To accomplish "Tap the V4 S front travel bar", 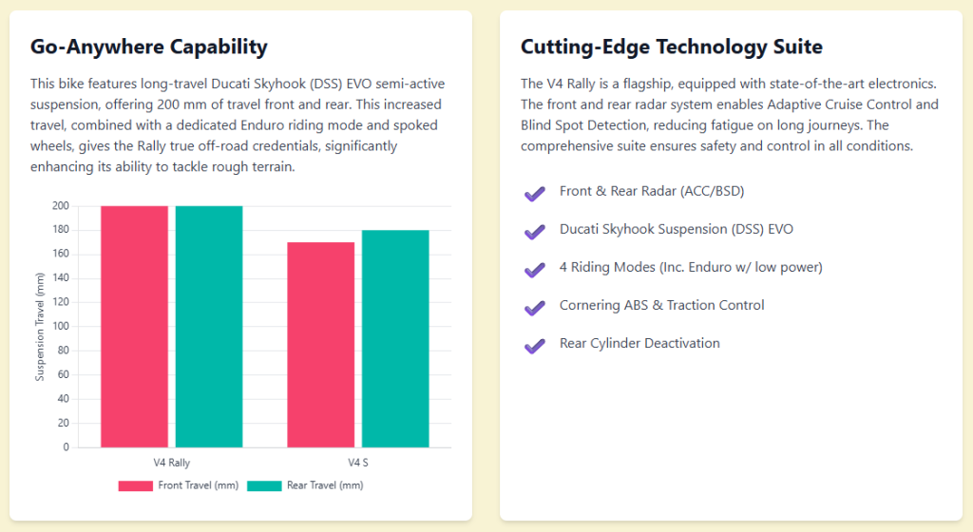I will click(320, 344).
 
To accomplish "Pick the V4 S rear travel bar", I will click(394, 338).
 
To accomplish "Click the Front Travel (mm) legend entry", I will click(178, 485).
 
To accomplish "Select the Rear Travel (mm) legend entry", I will click(304, 485).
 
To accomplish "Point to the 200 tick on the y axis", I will click(61, 206).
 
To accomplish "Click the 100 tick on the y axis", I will click(61, 327).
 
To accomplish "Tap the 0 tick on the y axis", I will click(65, 446).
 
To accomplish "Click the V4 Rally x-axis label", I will click(171, 463).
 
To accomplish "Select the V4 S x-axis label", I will click(357, 463).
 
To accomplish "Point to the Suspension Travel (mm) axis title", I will click(40, 327).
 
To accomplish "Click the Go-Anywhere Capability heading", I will click(148, 47).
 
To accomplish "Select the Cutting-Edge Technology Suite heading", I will click(672, 47).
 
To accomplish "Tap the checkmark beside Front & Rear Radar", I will click(534, 194).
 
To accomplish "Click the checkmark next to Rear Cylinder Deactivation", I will click(534, 346).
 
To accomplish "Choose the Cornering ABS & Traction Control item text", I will click(661, 305).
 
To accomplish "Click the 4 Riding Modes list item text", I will click(691, 267).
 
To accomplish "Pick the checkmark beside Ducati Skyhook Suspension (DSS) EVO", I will click(534, 232).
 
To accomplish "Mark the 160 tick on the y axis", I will click(61, 255).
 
